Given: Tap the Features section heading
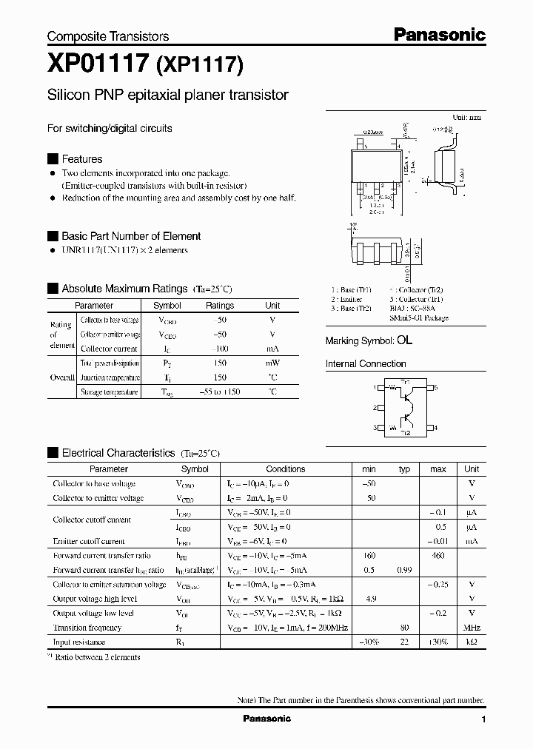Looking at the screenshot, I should [81, 159].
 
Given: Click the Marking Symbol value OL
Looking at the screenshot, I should [404, 340].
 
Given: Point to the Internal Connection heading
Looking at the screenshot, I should [366, 364].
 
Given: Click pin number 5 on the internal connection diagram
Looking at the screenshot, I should [436, 388].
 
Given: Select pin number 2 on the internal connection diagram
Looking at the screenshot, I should [375, 408].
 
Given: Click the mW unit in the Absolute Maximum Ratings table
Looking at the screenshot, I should [272, 363].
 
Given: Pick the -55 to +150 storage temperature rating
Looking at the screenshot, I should [219, 392].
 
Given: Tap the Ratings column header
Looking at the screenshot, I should [219, 306].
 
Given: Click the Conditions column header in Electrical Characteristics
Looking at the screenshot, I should [285, 469].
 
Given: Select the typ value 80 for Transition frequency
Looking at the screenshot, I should [404, 628].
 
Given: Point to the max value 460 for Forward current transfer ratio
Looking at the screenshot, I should [438, 555].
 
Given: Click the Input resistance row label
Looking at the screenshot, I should [79, 642].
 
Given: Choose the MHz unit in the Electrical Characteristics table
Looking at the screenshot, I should [471, 628].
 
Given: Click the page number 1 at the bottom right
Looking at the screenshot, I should [483, 719].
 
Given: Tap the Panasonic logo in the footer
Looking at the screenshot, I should [266, 719].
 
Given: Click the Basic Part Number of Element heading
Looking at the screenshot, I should [131, 236].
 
